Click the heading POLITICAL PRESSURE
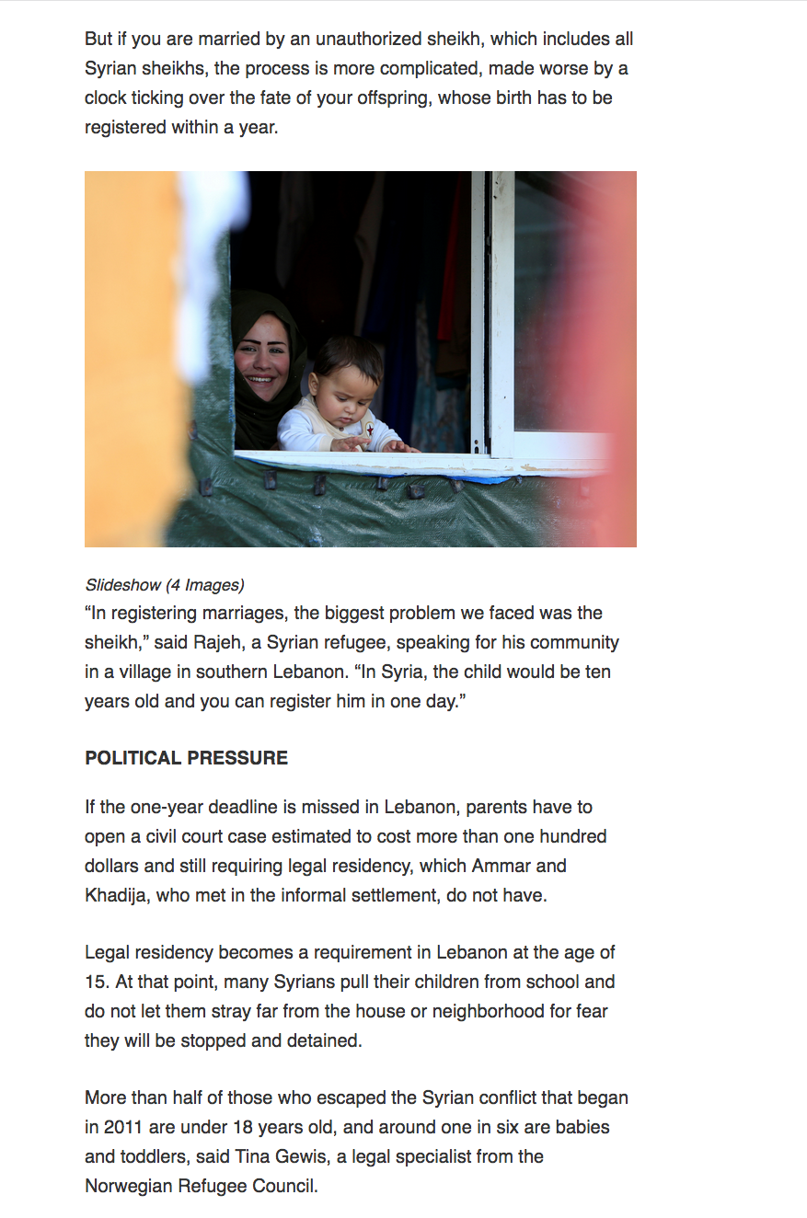(x=186, y=758)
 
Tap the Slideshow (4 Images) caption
(x=165, y=585)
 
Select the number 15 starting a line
(x=96, y=982)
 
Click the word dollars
(x=115, y=866)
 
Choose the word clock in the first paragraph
(x=106, y=98)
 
